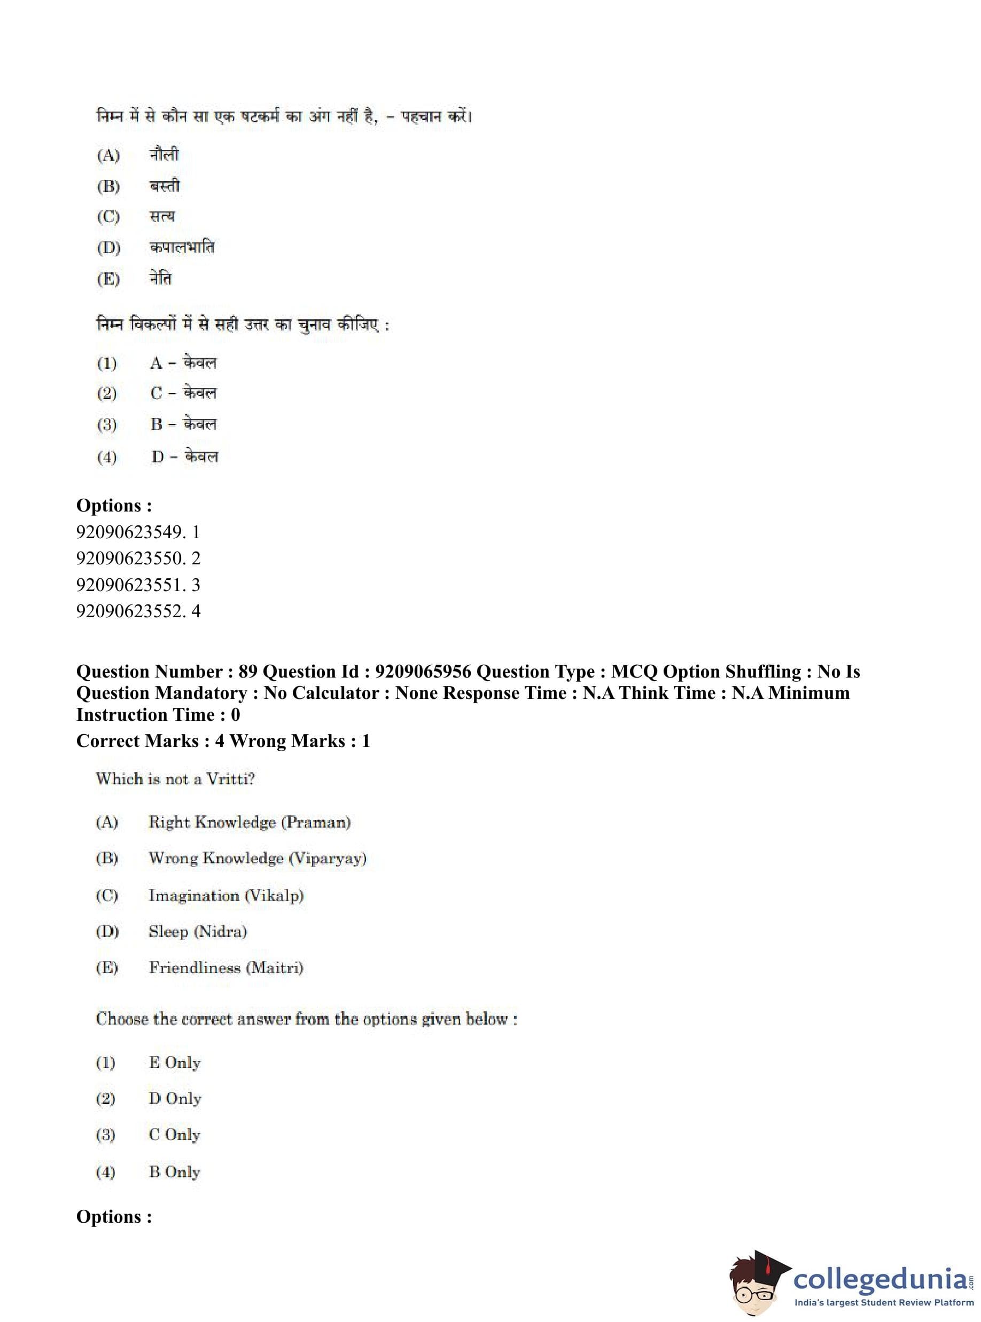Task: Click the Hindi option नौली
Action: pos(163,155)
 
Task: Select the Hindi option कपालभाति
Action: pos(181,247)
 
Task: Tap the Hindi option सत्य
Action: pos(162,217)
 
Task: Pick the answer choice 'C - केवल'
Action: pos(183,393)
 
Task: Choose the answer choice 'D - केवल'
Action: pos(184,457)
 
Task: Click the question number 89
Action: pos(247,671)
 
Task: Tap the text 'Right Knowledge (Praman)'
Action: pos(250,822)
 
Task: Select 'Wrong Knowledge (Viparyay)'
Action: pos(257,858)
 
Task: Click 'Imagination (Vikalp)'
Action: pos(225,895)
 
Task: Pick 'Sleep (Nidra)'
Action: pos(197,931)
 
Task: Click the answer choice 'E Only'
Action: pos(175,1062)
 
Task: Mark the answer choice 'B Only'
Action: pos(175,1172)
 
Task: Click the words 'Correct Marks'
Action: pos(137,741)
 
